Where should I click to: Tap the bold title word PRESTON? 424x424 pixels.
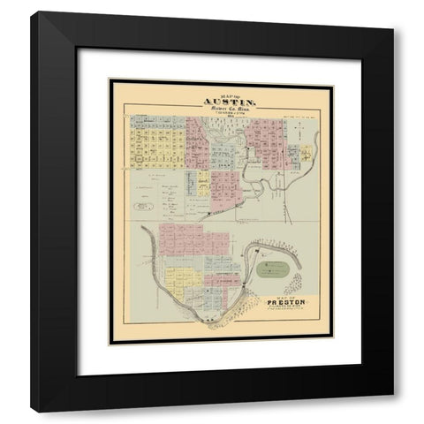click(x=284, y=305)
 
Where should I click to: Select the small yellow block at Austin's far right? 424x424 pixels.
click(x=306, y=153)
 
